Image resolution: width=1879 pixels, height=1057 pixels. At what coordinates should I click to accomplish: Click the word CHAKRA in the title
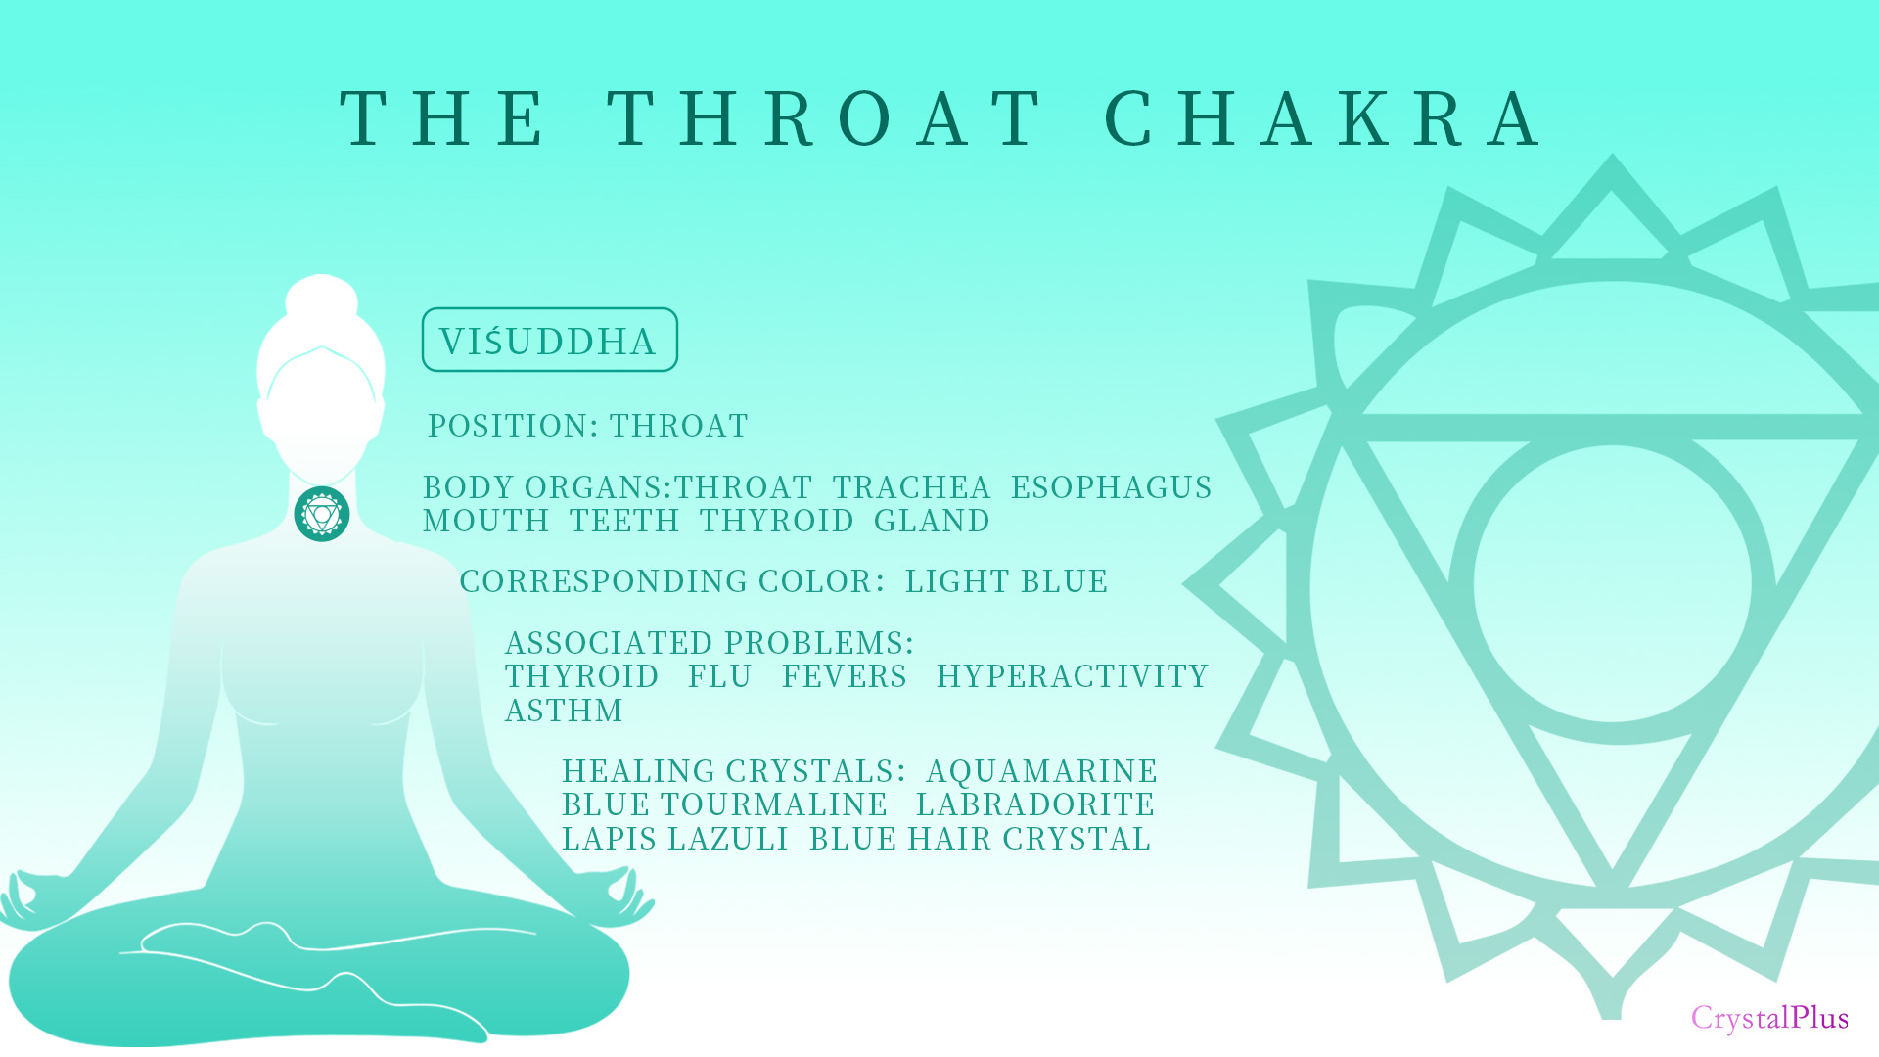(x=1323, y=118)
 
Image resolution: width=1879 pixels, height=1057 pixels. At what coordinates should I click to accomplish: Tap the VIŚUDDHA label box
(x=549, y=340)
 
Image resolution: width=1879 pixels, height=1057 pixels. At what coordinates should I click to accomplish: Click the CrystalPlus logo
(x=1769, y=1018)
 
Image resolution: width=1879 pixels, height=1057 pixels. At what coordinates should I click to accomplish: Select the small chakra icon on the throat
(x=322, y=514)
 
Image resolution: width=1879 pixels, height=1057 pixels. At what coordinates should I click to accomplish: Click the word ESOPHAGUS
(x=1111, y=487)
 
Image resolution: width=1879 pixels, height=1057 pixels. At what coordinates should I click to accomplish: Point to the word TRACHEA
(x=911, y=487)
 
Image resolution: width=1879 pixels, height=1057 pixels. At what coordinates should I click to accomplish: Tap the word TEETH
(x=624, y=521)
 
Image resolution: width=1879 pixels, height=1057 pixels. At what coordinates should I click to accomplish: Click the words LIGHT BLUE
(x=1006, y=581)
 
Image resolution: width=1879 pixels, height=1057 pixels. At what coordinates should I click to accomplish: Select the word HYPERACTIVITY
(x=1073, y=676)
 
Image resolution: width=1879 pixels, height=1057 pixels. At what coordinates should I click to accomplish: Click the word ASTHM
(x=564, y=711)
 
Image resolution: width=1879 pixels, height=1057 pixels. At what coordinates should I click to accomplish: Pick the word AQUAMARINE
(x=1041, y=771)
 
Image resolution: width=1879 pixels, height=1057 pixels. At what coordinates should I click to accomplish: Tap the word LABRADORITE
(x=1035, y=804)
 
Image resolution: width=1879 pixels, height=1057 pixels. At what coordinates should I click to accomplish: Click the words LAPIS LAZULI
(x=675, y=839)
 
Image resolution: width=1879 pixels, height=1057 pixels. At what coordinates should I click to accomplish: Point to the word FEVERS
(x=845, y=676)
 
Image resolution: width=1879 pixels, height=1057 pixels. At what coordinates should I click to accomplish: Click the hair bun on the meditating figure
(x=322, y=298)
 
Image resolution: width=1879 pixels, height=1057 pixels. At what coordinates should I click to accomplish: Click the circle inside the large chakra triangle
(x=1612, y=583)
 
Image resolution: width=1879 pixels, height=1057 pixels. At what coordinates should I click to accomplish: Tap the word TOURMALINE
(x=774, y=804)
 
